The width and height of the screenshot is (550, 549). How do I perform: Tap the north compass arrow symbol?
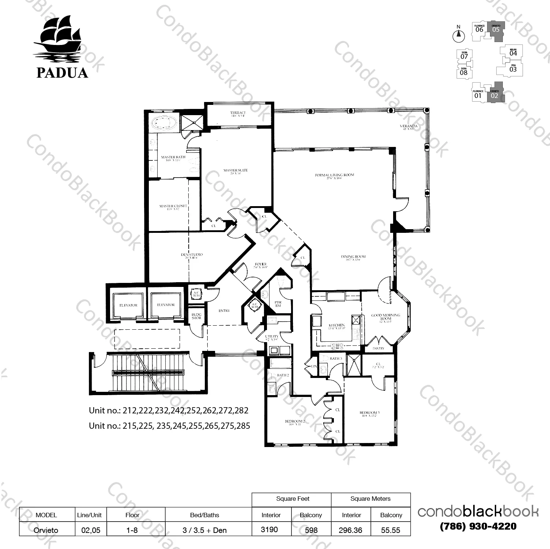pos(459,35)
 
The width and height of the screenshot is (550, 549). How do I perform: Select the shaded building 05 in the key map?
pos(497,28)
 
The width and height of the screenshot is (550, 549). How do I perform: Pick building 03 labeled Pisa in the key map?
pos(513,69)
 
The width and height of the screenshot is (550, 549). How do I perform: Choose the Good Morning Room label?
pos(385,317)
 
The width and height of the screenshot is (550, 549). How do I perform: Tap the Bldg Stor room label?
pos(196,316)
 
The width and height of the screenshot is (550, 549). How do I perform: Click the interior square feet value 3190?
pos(270,529)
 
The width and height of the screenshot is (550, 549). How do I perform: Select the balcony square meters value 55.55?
pos(391,530)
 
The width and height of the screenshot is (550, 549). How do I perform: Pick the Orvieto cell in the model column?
pos(46,530)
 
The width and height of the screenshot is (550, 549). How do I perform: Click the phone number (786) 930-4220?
pos(478,526)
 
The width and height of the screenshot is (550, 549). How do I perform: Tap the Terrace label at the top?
pos(238,114)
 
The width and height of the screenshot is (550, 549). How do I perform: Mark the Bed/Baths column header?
pos(204,515)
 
